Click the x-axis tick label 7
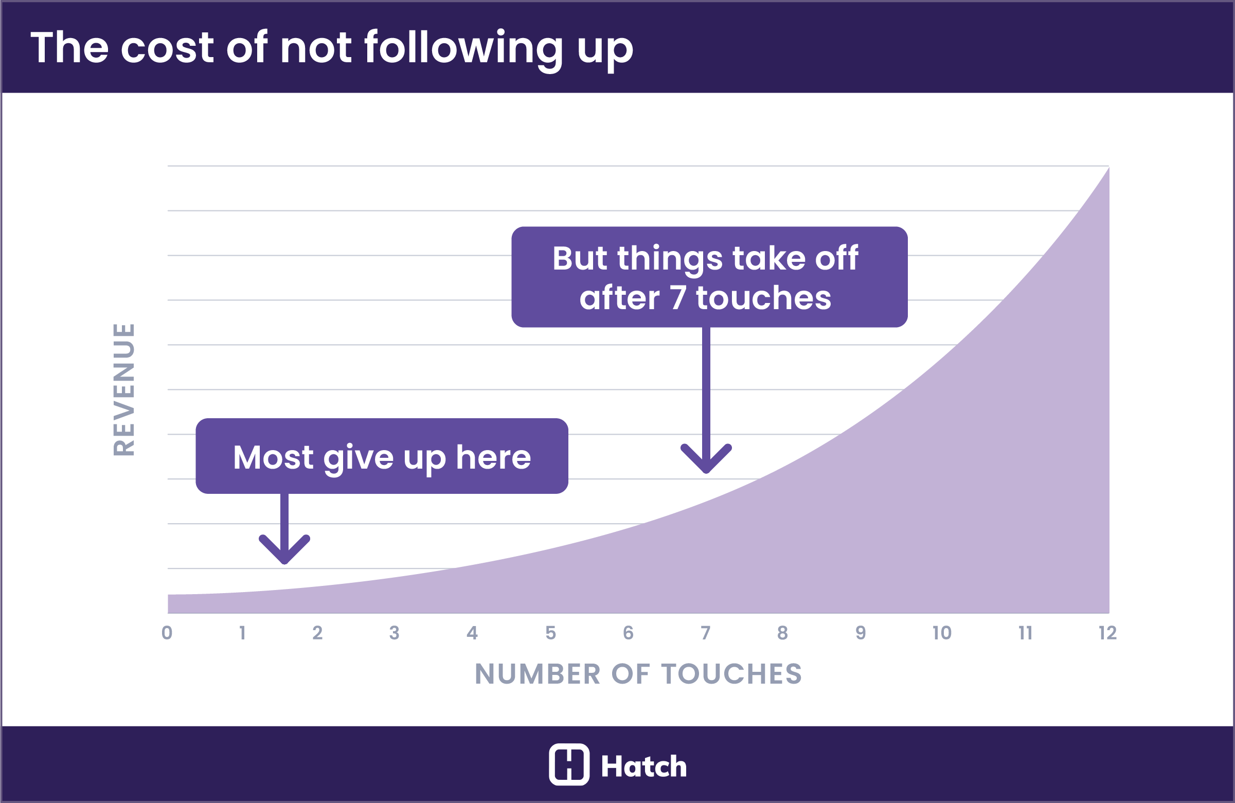[705, 633]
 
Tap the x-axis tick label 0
[167, 633]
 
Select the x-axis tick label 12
[1107, 633]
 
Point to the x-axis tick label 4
[472, 633]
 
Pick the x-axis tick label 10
[942, 633]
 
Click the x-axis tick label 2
[317, 633]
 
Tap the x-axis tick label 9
[861, 633]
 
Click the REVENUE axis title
[124, 389]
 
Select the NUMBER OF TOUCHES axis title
[638, 674]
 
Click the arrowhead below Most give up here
[284, 553]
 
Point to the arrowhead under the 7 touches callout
[706, 462]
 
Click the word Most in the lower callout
[273, 457]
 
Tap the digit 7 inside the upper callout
[678, 298]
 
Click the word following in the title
[463, 48]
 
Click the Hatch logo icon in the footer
[569, 764]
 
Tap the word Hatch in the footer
[643, 766]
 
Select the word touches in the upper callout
[763, 298]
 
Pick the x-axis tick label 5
[550, 633]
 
